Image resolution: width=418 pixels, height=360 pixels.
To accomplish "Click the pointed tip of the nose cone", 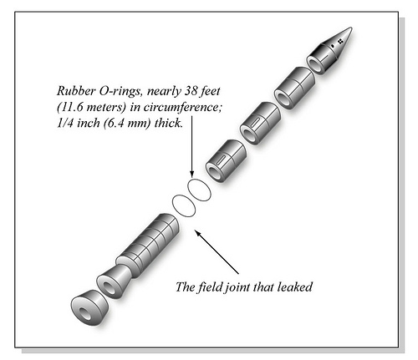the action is pos(351,28).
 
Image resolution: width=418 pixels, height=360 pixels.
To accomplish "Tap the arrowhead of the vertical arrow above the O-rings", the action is pos(191,174).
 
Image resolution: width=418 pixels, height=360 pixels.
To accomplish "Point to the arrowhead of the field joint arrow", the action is pos(197,233).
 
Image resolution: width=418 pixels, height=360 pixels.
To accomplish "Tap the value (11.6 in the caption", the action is pos(69,107).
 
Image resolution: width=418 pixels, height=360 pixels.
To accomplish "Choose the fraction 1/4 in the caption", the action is pos(65,123).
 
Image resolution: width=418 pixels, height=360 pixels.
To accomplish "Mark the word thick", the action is pos(169,123).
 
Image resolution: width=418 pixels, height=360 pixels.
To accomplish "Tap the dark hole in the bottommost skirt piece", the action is pos(84,312).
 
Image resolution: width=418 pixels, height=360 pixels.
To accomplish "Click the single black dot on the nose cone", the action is pos(332,45).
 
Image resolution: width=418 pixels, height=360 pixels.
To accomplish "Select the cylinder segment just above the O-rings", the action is pos(226,161).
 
